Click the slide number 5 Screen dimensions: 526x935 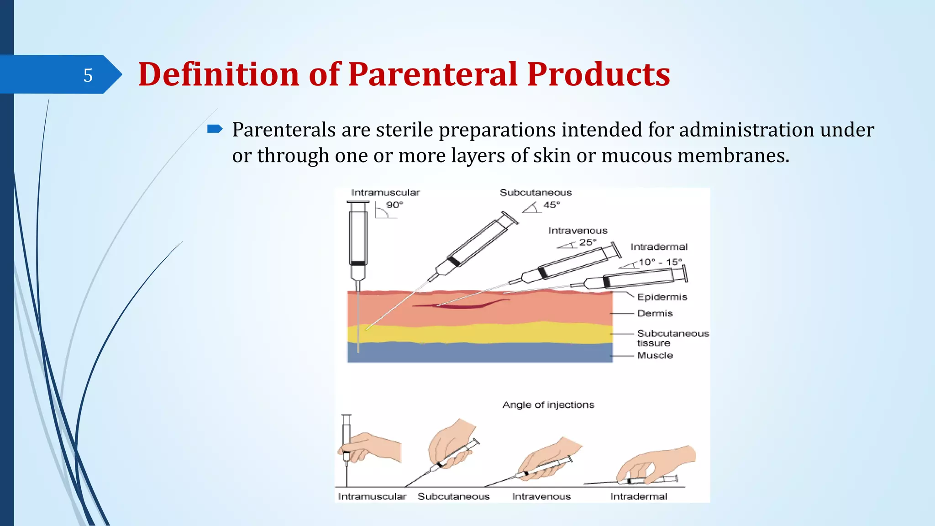point(88,75)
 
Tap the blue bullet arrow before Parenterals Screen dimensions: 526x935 point(215,129)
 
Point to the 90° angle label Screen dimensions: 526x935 point(394,205)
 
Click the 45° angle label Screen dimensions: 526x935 point(551,205)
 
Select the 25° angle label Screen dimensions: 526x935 point(588,242)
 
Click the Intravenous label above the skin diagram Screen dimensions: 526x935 point(578,231)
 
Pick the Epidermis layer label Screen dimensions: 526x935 point(662,297)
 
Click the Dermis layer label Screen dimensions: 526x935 point(655,314)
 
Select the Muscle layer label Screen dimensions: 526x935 point(655,356)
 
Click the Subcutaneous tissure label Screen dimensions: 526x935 point(672,338)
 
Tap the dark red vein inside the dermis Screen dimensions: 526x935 point(461,305)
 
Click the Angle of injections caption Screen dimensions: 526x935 point(548,405)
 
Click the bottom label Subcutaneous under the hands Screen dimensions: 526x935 point(453,497)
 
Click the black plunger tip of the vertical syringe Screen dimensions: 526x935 point(357,263)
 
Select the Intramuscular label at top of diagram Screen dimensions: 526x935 point(385,193)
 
